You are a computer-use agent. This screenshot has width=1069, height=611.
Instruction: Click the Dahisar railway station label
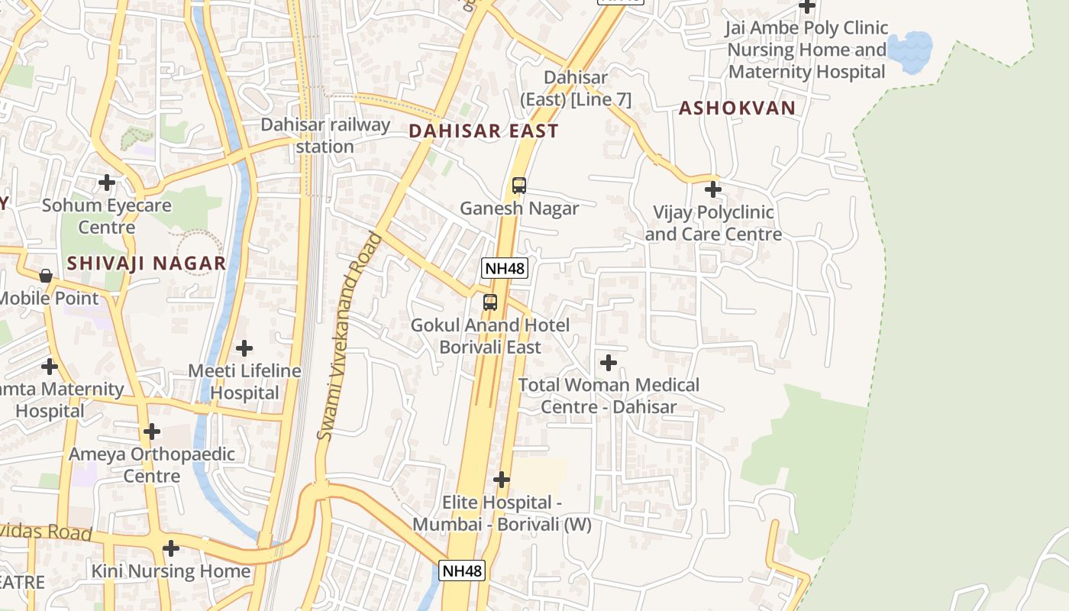point(325,135)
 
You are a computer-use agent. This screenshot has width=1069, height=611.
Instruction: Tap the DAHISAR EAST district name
point(483,131)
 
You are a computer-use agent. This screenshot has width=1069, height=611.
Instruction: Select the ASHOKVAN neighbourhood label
point(737,108)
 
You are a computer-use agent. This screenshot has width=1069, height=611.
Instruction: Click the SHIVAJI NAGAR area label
point(146,263)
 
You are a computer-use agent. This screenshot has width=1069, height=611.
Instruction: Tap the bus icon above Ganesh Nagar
point(518,186)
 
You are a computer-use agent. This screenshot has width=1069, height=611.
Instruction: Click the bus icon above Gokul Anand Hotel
point(490,302)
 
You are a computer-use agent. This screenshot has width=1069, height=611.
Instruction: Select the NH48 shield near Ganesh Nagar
point(504,268)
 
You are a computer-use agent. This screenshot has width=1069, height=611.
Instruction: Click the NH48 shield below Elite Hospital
point(462,571)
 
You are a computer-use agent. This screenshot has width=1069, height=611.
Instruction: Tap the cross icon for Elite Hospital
point(501,480)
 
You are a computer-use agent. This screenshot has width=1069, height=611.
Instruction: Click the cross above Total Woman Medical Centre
point(609,362)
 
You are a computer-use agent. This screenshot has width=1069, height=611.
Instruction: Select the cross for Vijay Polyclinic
point(712,189)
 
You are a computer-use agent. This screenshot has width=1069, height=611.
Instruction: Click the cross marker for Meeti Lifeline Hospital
point(244,348)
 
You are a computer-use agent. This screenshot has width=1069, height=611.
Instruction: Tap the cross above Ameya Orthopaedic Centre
point(152,432)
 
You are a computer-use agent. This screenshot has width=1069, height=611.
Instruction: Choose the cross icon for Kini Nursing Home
point(171,548)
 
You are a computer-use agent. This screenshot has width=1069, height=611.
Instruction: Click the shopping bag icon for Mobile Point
point(46,276)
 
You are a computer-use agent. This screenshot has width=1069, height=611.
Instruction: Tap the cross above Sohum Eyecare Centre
point(107,183)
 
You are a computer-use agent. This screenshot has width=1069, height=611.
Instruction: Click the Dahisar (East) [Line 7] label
point(576,88)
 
